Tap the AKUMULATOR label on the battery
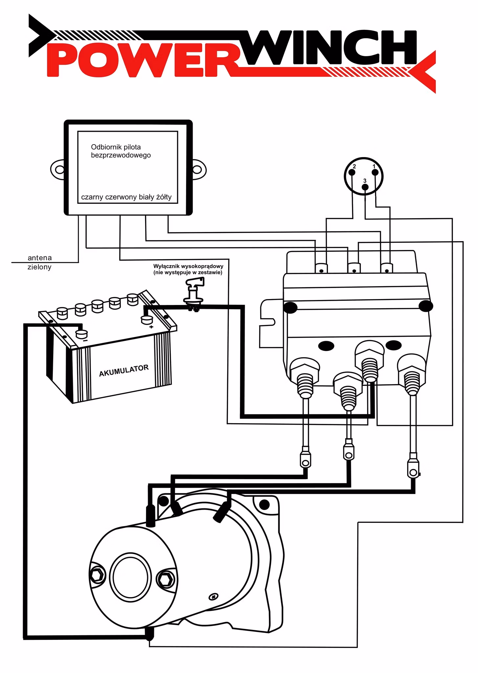pos(124,371)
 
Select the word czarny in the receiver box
pos(92,197)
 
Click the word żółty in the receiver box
pos(164,197)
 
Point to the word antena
pos(40,258)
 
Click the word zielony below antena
pos(39,267)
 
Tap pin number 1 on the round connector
pos(375,173)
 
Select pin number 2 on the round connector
pos(352,173)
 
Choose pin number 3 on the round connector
pos(365,187)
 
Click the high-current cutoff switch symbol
pos(194,294)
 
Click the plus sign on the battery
pos(151,327)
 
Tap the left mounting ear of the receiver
pos(58,170)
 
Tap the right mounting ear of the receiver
pos(199,170)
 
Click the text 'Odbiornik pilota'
pos(116,147)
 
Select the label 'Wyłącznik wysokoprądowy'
pos(188,266)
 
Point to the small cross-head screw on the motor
pos(214,596)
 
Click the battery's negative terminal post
pos(81,334)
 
